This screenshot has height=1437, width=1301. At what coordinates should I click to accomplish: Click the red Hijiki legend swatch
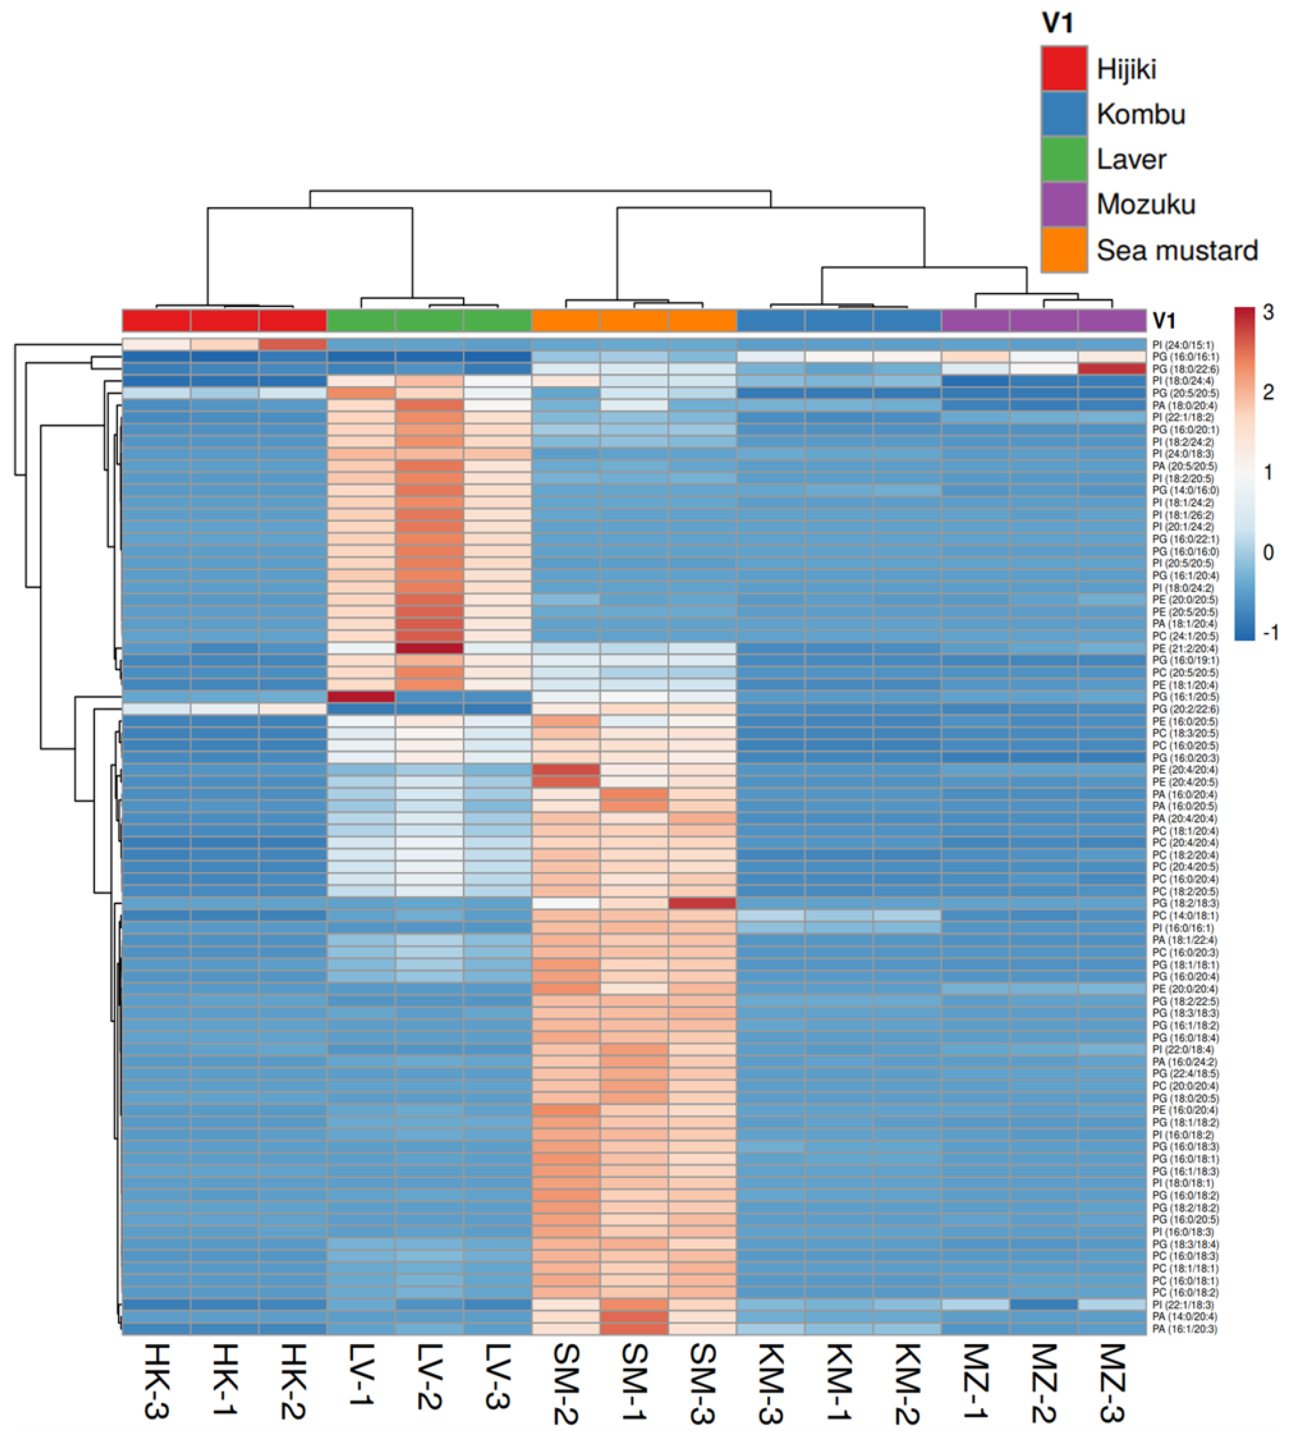1063,69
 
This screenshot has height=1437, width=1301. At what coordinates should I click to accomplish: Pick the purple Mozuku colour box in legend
1063,204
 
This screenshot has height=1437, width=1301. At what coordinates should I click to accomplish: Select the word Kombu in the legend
1140,114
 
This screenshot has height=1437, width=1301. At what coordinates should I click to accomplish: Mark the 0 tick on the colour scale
1268,553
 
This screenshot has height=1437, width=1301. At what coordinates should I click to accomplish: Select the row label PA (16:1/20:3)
1184,1329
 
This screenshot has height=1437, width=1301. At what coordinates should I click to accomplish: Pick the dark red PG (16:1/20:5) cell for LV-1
361,697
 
